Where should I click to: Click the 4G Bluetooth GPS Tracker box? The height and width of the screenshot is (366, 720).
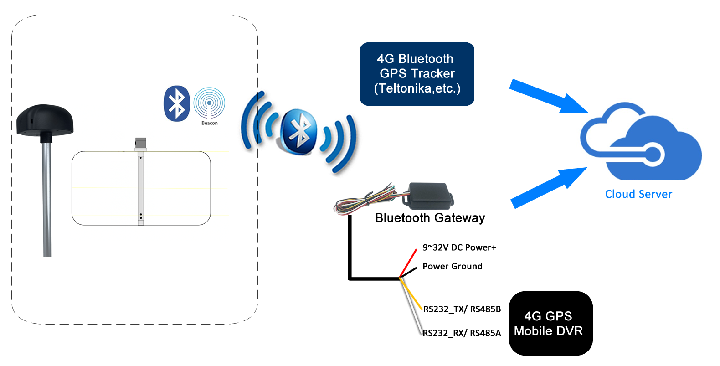pyautogui.click(x=417, y=74)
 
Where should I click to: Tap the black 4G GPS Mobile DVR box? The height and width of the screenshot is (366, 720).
pyautogui.click(x=550, y=323)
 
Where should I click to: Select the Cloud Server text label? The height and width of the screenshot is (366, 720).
pyautogui.click(x=638, y=194)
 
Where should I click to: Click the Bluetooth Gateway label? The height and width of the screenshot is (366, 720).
pyautogui.click(x=430, y=218)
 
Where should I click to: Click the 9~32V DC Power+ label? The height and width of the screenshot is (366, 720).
pyautogui.click(x=459, y=247)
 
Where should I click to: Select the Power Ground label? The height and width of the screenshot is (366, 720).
pyautogui.click(x=452, y=266)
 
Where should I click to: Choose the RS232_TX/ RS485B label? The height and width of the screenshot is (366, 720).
pyautogui.click(x=462, y=309)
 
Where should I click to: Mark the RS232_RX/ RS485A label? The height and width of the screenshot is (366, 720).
pyautogui.click(x=462, y=333)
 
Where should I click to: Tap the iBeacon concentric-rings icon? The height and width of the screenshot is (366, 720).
pyautogui.click(x=209, y=103)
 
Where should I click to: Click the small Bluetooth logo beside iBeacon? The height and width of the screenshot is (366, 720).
pyautogui.click(x=177, y=103)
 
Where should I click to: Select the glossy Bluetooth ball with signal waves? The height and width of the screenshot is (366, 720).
pyautogui.click(x=299, y=132)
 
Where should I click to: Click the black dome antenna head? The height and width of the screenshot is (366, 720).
pyautogui.click(x=45, y=119)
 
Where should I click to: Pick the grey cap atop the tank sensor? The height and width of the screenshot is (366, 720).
pyautogui.click(x=140, y=143)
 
